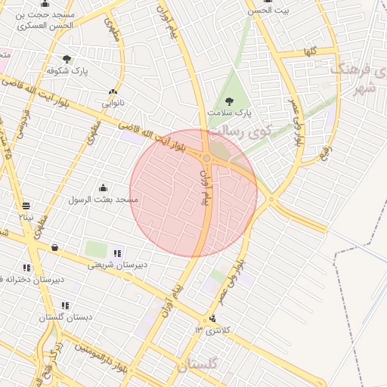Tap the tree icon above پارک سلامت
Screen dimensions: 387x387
pyautogui.click(x=230, y=101)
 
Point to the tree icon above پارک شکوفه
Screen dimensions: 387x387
pyautogui.click(x=67, y=59)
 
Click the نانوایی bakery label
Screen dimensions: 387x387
pyautogui.click(x=113, y=102)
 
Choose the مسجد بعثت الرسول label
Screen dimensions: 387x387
pyautogui.click(x=104, y=200)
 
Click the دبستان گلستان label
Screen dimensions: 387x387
pyautogui.click(x=67, y=317)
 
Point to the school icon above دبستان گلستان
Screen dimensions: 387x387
pyautogui.click(x=66, y=306)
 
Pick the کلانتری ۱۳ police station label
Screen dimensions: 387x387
pyautogui.click(x=210, y=331)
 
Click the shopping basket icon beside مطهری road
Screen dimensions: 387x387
pyautogui.click(x=54, y=247)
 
